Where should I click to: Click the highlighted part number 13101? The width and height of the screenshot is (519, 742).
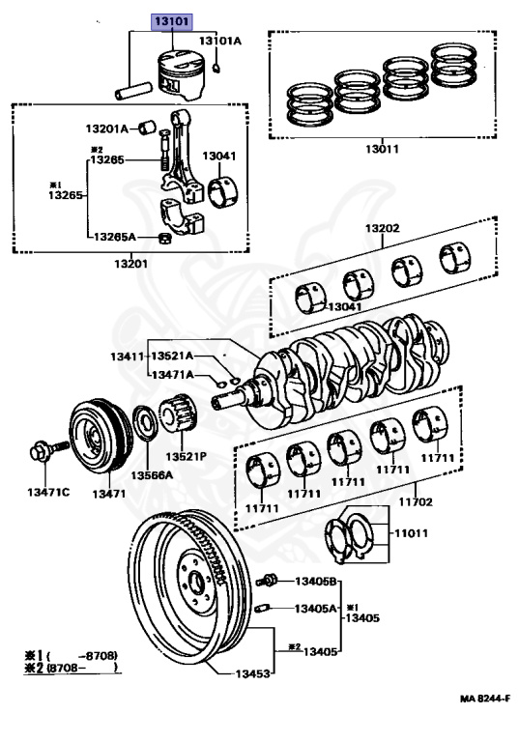(172, 21)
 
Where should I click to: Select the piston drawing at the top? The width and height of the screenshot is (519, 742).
(182, 74)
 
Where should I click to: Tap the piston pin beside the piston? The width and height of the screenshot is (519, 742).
(134, 91)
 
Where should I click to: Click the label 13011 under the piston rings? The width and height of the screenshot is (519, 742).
(382, 149)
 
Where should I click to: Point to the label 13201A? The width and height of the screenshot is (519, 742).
(106, 128)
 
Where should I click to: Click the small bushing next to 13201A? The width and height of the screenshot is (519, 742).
(147, 127)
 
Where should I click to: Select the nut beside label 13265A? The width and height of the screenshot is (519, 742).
(165, 239)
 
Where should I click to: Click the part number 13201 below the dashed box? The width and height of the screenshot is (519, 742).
(130, 264)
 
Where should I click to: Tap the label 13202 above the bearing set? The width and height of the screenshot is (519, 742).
(382, 228)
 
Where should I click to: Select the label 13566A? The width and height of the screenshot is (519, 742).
(152, 474)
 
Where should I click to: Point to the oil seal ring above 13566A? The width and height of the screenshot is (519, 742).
(146, 422)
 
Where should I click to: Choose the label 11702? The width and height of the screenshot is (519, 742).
(416, 501)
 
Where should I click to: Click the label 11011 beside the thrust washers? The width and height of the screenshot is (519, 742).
(411, 533)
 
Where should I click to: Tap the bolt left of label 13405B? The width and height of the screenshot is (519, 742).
(267, 580)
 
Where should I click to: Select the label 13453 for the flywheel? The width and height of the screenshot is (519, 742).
(252, 672)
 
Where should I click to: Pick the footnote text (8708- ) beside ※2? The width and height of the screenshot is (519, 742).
(83, 669)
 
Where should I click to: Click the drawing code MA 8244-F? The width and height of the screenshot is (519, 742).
(485, 699)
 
